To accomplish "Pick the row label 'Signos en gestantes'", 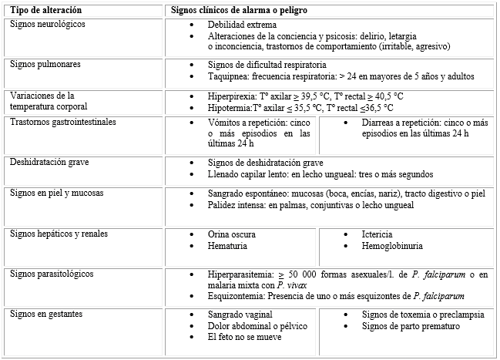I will click(46, 315).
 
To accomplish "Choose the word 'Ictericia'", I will click(378, 234).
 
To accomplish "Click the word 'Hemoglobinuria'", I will click(393, 246).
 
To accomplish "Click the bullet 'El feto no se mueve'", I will click(244, 337).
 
